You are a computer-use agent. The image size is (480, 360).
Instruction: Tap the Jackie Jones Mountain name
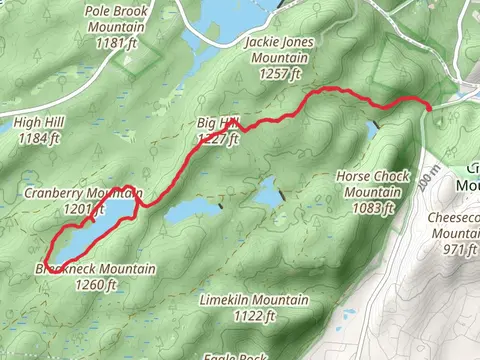[279, 50]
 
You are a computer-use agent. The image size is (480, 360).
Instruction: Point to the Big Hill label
[218, 123]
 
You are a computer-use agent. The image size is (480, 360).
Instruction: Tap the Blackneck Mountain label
[96, 269]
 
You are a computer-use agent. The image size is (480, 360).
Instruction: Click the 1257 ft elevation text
[279, 74]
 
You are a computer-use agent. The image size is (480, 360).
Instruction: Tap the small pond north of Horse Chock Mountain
[372, 131]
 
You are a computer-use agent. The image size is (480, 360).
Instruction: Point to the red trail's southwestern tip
[46, 262]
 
